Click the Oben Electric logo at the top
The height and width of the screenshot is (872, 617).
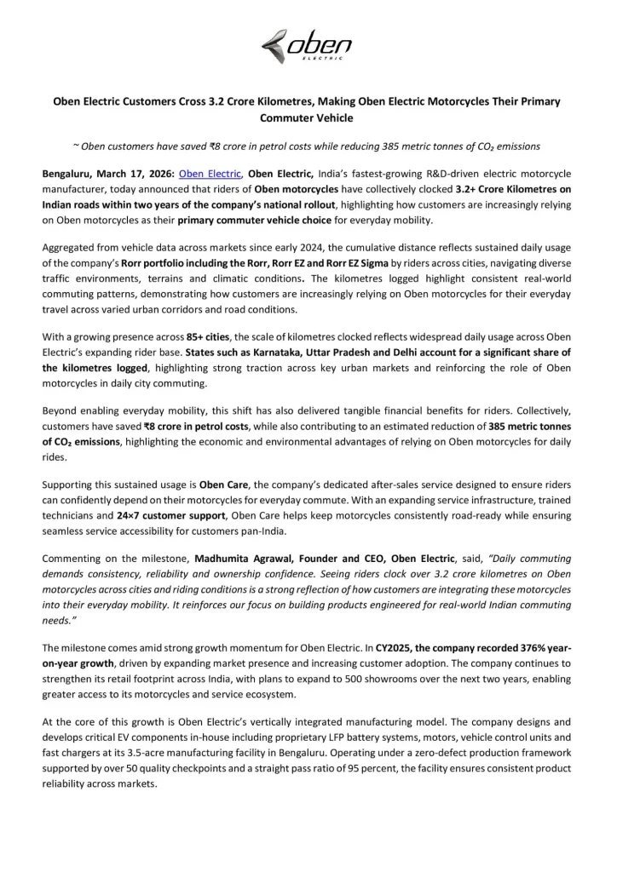tap(308, 43)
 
